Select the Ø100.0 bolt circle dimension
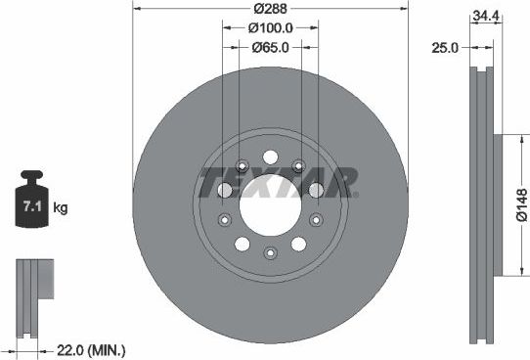click(269, 29)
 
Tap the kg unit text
click(60, 208)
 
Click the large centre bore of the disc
click(269, 205)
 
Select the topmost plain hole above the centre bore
click(269, 157)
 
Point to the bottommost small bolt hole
click(269, 254)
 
